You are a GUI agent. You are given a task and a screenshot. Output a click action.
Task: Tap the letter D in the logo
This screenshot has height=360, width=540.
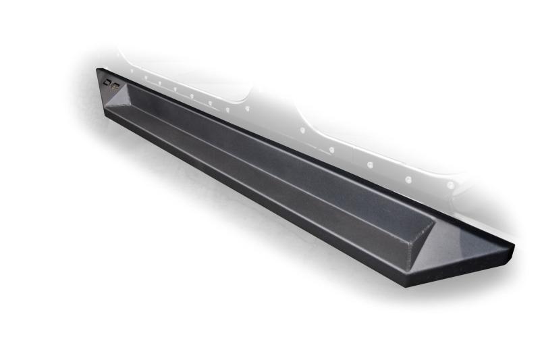[108, 82]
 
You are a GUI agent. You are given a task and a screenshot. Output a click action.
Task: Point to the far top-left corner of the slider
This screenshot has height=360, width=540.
[97, 68]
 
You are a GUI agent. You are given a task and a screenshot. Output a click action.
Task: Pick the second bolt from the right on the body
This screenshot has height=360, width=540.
[408, 179]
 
